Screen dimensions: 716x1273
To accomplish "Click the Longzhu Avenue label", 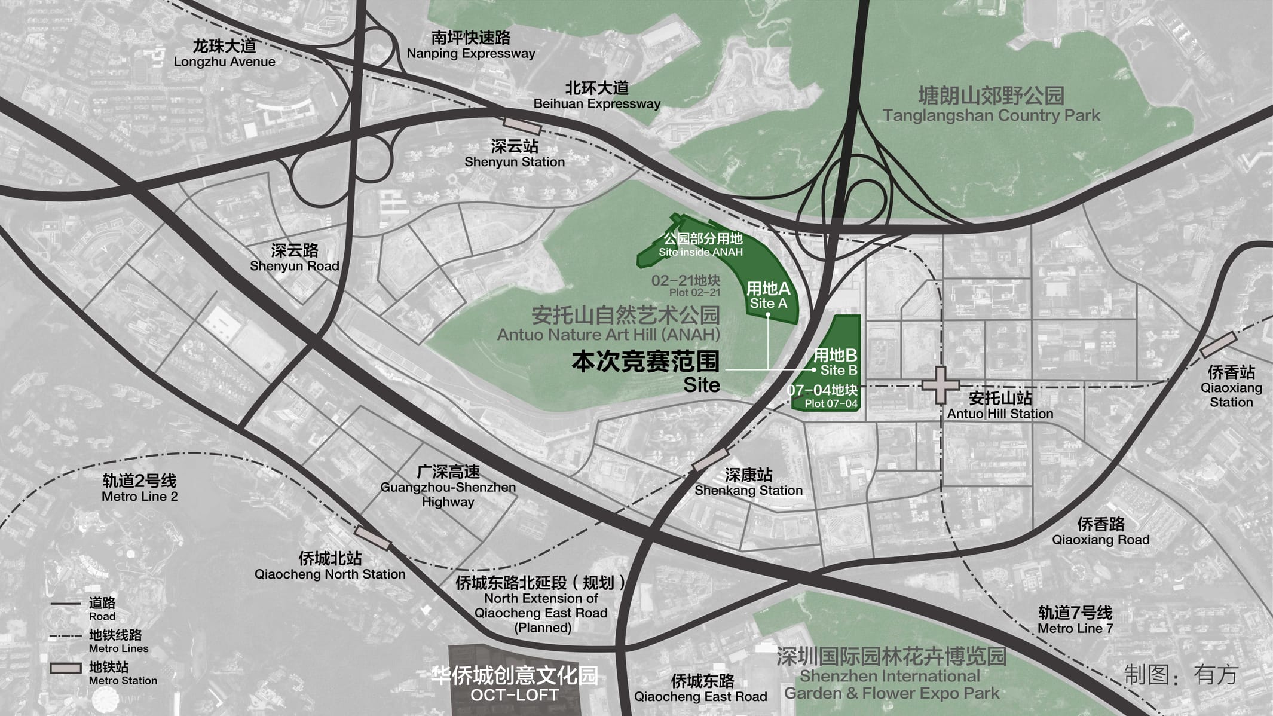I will pos(224,54).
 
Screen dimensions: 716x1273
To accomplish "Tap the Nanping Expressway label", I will pos(471,45).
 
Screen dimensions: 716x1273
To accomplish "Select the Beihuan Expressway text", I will pos(596,96).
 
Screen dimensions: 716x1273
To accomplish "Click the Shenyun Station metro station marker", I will pos(522,126).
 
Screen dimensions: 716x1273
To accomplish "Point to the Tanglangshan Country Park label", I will pos(991,105).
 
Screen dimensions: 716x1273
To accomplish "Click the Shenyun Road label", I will pos(294,258).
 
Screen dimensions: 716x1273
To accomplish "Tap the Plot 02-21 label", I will pos(686,286).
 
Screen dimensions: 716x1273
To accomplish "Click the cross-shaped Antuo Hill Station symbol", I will pos(941,385).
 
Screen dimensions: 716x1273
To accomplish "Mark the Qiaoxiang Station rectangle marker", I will pos(1218,345).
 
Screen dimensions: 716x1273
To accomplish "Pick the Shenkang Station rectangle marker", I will pos(710,459).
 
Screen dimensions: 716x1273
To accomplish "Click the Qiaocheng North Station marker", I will pos(372,538).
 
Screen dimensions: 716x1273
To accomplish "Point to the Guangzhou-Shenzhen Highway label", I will pos(448,486).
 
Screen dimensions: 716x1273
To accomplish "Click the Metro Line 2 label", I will pos(139,488).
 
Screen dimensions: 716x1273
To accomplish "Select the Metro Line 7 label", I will pos(1075,620).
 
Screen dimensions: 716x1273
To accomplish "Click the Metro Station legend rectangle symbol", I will pos(65,668).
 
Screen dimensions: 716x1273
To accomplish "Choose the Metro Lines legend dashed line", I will pos(65,637).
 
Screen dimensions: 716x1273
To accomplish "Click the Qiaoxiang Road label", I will pos(1100,532).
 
